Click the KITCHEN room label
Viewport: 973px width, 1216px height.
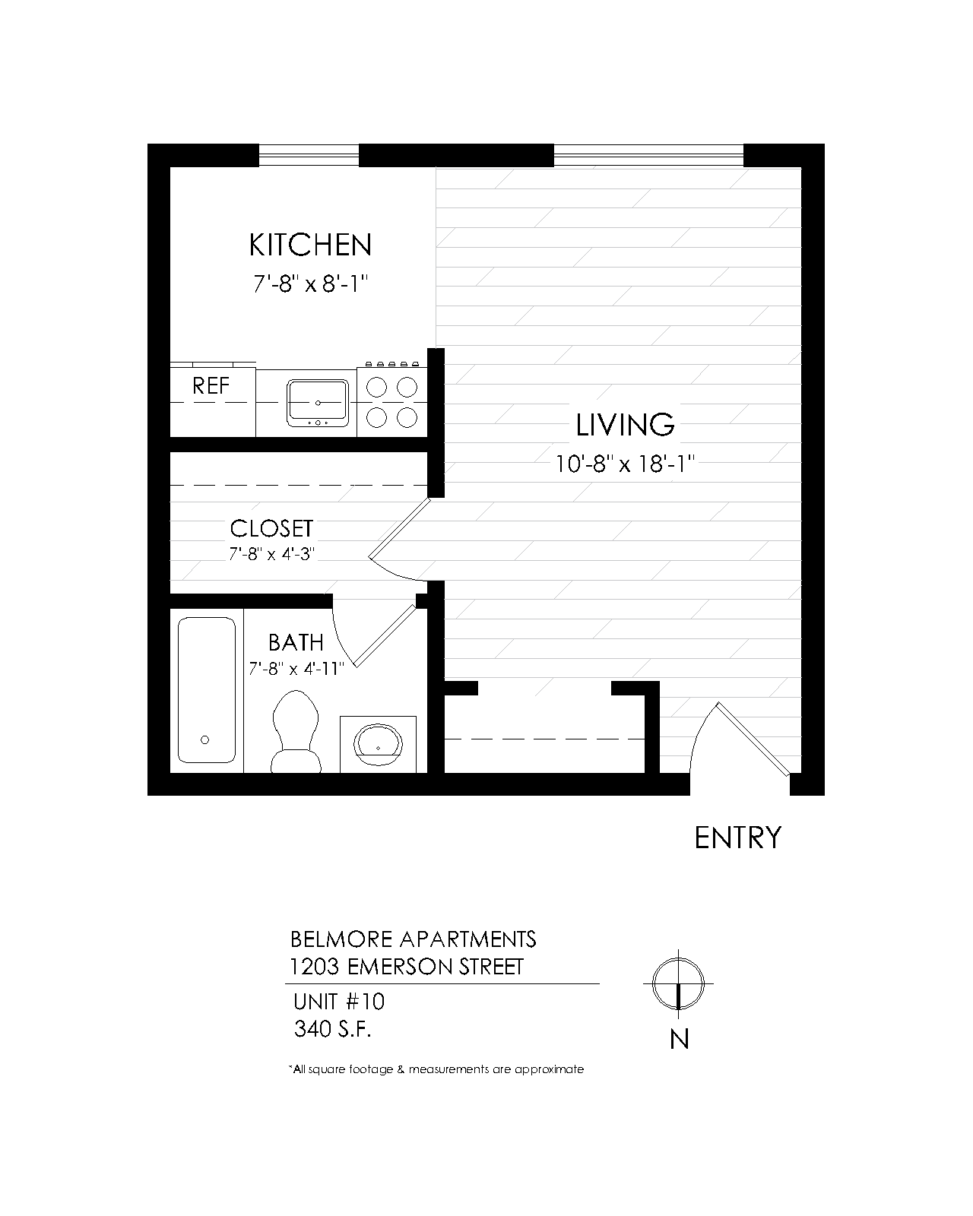coord(310,245)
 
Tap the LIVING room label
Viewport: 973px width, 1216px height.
coord(625,425)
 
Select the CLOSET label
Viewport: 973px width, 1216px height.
coord(271,528)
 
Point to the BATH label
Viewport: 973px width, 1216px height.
coord(296,643)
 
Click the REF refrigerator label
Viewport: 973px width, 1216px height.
coord(211,386)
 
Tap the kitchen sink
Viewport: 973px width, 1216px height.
coord(318,402)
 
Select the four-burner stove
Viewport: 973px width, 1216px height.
coord(392,401)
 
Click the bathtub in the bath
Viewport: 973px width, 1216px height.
coord(206,690)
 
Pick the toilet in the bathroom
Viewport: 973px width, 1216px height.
coord(296,731)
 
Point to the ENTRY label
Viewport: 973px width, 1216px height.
coord(737,838)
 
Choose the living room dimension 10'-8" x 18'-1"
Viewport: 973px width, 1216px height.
coord(625,464)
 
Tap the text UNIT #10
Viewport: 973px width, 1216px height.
coord(339,1002)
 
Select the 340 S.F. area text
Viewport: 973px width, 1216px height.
coord(333,1029)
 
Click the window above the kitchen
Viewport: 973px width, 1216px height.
coord(309,155)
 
